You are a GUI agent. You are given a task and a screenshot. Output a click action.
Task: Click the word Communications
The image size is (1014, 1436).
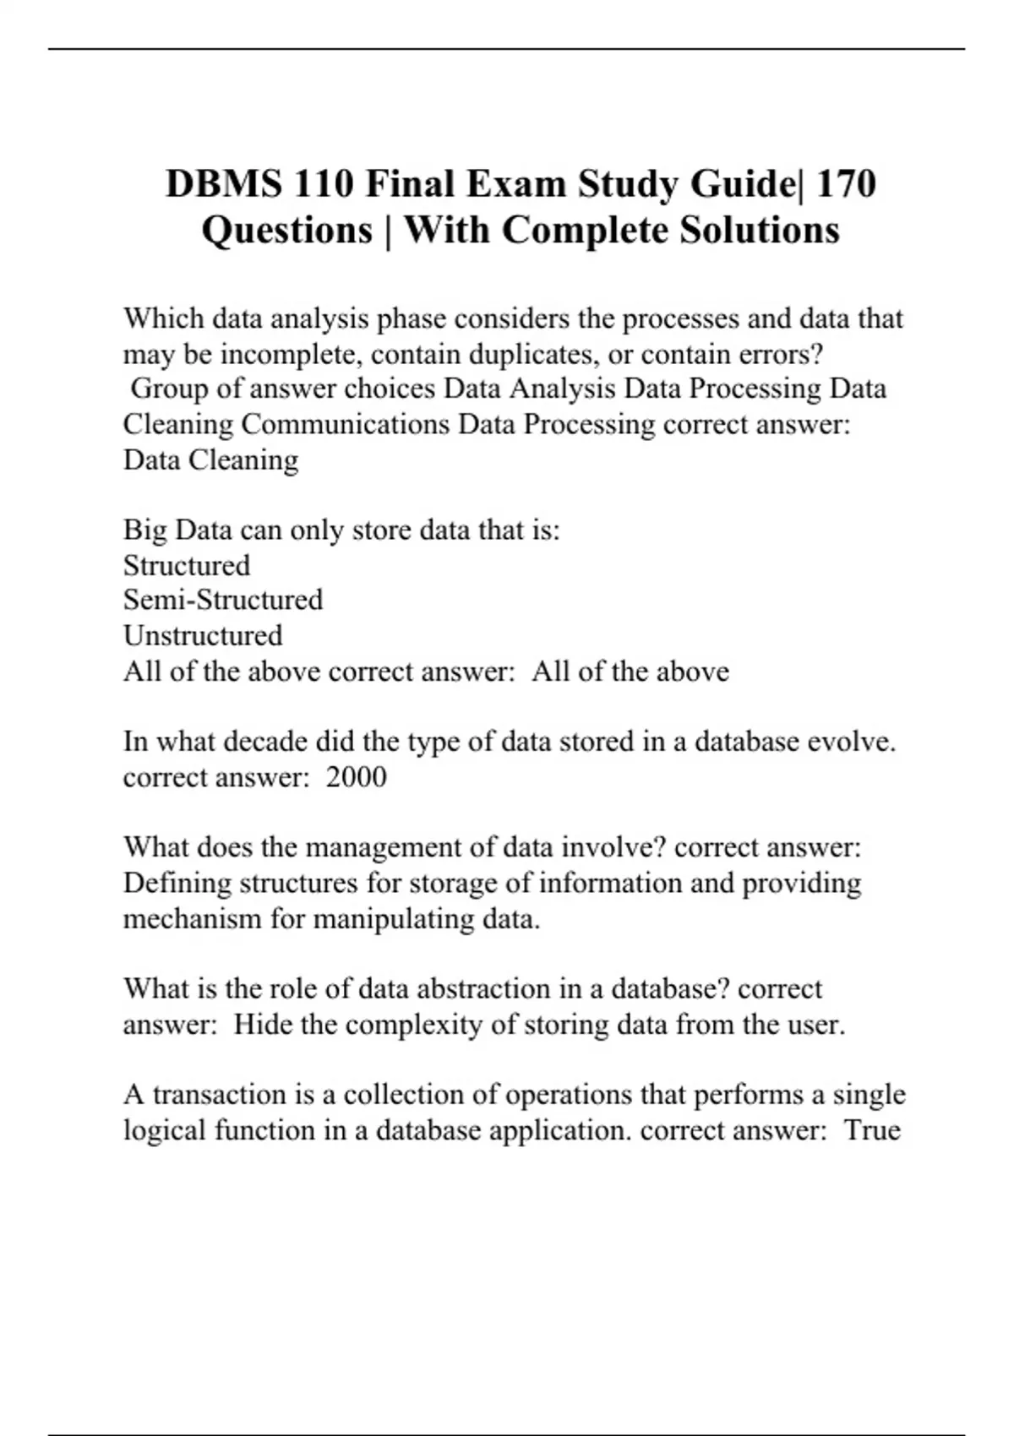click(345, 424)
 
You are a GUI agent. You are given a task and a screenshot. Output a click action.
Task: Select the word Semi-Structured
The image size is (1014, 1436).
click(223, 600)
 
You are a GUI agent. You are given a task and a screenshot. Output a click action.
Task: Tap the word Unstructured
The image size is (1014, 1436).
click(203, 635)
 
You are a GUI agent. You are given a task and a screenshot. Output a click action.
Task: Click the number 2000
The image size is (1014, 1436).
click(356, 777)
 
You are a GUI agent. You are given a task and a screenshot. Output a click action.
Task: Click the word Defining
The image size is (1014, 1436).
click(177, 883)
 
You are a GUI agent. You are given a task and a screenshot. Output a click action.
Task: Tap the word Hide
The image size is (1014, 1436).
click(262, 1025)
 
